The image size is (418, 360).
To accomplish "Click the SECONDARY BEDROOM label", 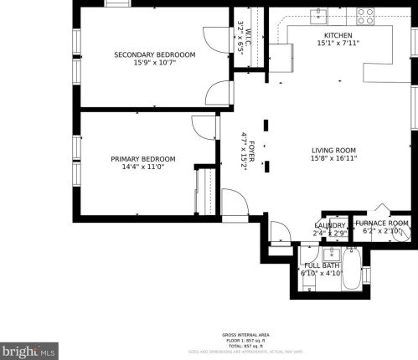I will click(154, 55).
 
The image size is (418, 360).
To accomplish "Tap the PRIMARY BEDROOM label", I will click(142, 158).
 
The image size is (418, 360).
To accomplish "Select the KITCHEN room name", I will click(338, 36).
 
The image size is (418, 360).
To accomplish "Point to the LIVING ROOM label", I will click(333, 149).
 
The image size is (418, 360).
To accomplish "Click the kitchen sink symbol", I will click(318, 14).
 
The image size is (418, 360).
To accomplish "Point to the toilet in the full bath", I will click(310, 283).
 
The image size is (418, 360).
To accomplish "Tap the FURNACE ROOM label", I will click(382, 223).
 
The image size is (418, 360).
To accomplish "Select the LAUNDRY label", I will click(330, 225).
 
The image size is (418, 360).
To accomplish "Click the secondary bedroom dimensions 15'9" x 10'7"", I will click(154, 64).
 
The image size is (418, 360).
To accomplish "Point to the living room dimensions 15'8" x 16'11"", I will click(333, 157).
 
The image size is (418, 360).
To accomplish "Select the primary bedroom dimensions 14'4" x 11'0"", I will click(142, 167).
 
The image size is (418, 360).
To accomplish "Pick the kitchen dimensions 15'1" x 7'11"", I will click(338, 44).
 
